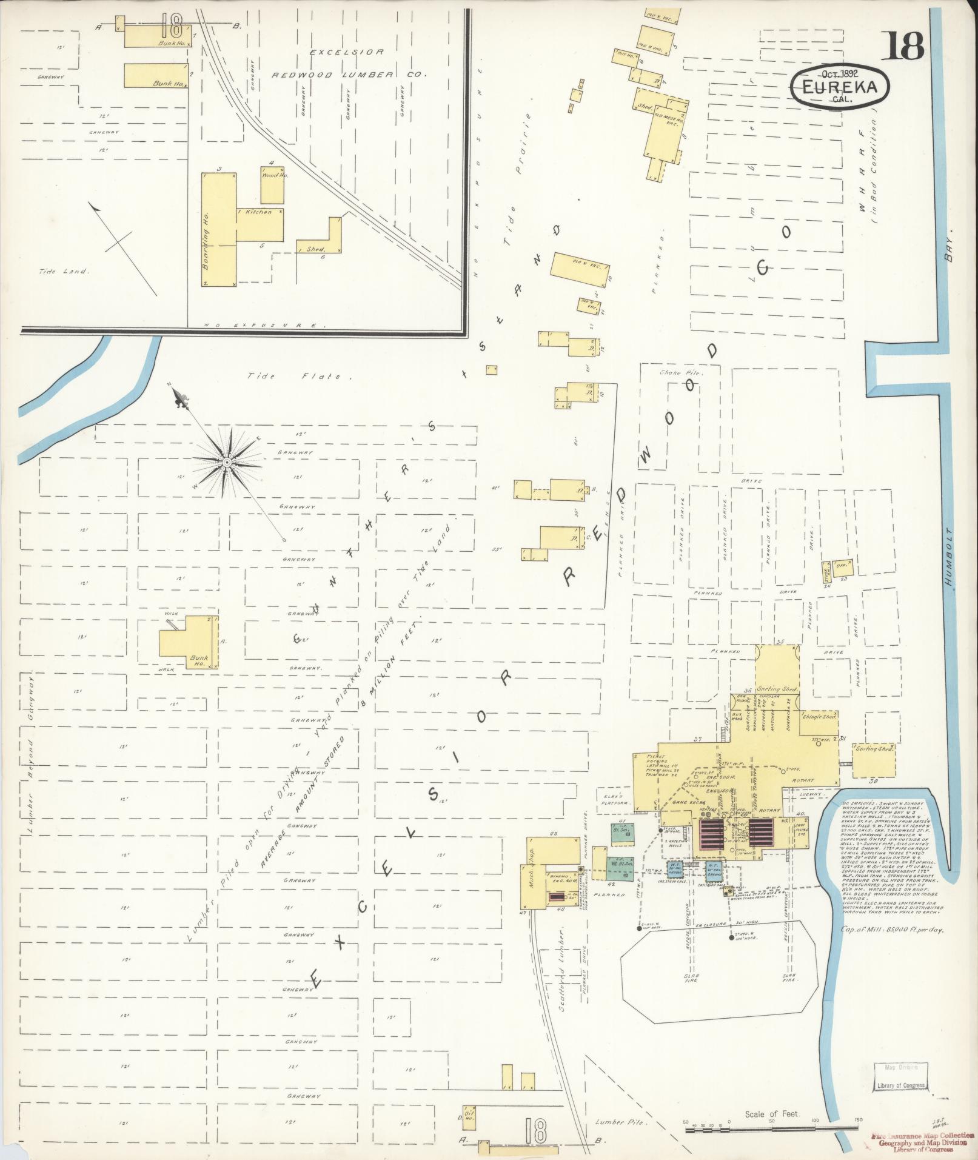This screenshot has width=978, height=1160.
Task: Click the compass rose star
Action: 226,463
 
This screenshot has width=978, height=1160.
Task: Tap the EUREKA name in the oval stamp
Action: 840,87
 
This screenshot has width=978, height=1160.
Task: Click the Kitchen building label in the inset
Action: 258,212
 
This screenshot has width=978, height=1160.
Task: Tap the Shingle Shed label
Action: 820,716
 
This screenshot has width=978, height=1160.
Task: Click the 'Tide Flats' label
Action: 294,377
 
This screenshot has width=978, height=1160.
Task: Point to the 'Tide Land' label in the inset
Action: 63,272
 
